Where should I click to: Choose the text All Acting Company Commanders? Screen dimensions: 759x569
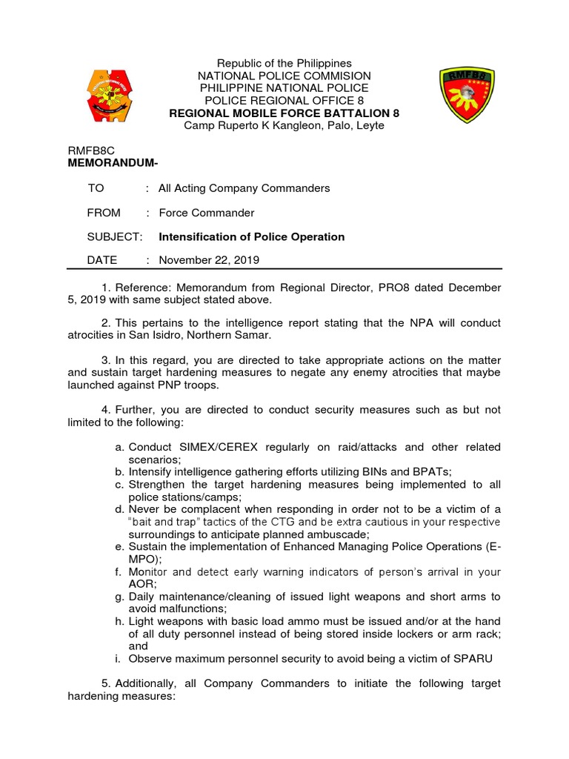pyautogui.click(x=244, y=188)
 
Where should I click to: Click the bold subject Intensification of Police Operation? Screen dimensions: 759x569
pyautogui.click(x=251, y=236)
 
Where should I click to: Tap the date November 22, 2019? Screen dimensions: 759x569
pyautogui.click(x=209, y=260)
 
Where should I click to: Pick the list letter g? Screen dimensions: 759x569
pyautogui.click(x=119, y=597)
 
